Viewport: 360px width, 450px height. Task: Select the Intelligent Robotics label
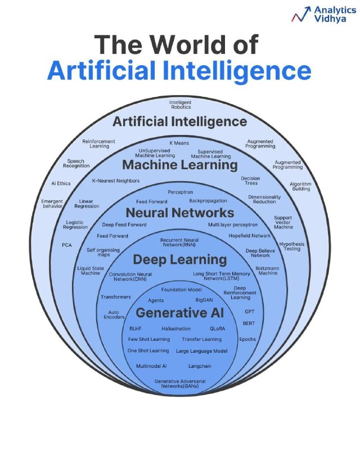(181, 105)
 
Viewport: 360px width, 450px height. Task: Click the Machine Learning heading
(180, 165)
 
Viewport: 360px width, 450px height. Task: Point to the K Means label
(179, 143)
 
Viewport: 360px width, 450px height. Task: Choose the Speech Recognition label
(76, 163)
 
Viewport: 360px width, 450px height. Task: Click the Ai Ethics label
(61, 183)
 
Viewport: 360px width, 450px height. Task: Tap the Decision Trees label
(251, 181)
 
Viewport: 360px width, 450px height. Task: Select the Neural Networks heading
(180, 213)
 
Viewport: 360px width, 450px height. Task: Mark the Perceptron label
(181, 192)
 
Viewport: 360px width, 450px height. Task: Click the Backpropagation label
(208, 201)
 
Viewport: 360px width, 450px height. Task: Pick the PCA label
(67, 245)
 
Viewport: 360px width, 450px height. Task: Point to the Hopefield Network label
(250, 236)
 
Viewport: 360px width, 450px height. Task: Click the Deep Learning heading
(180, 260)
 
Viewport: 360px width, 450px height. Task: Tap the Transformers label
(116, 297)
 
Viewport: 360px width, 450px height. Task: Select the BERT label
(249, 323)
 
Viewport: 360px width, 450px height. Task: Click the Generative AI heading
(180, 313)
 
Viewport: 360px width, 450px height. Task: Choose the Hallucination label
(176, 328)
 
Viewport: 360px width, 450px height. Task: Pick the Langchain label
(200, 366)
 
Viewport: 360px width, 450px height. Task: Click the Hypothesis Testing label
(292, 246)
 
